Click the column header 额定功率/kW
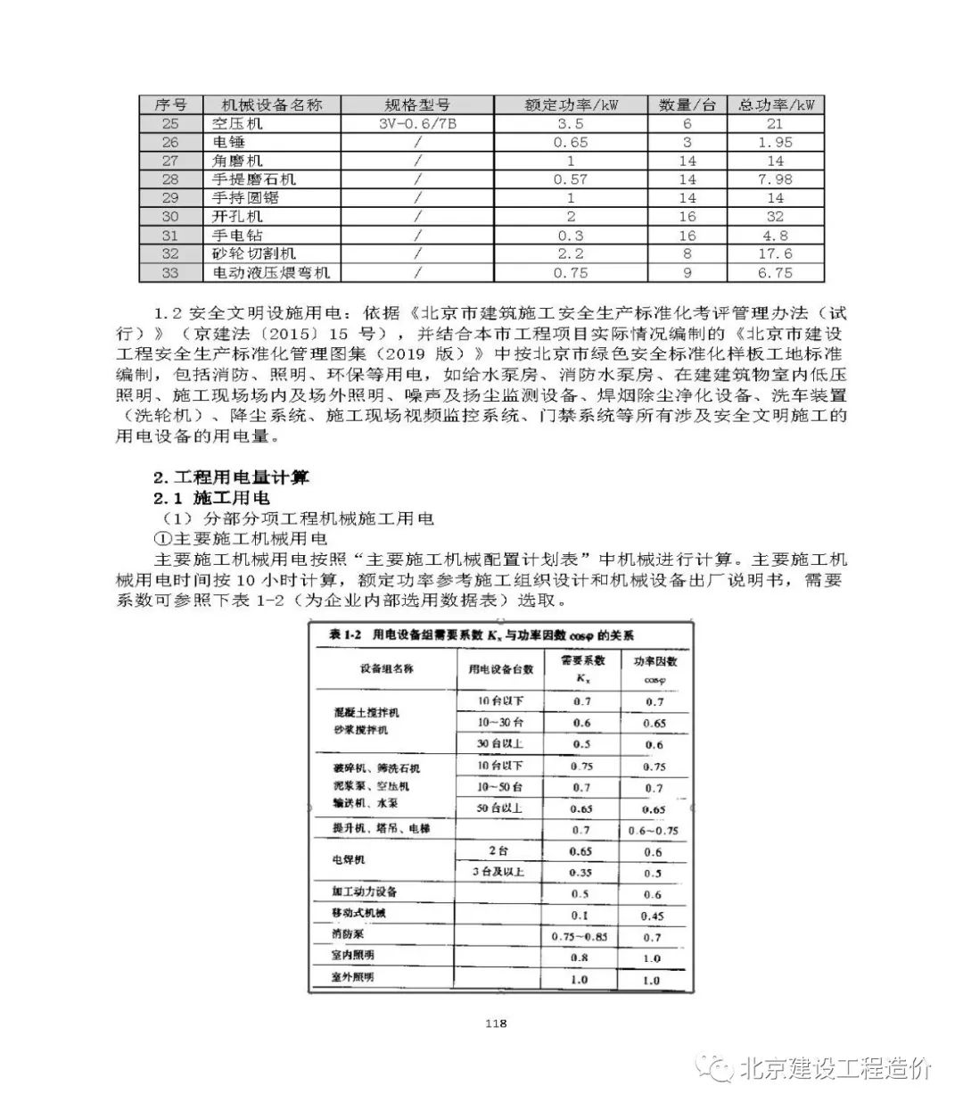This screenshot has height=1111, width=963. tap(571, 105)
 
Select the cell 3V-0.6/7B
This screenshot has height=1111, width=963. tap(417, 124)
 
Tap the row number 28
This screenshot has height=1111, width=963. tap(170, 179)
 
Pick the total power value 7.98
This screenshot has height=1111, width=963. tap(775, 179)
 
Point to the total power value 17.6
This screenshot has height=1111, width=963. tap(775, 254)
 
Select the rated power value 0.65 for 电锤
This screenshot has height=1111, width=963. tap(571, 143)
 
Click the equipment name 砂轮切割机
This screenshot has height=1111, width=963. tap(254, 254)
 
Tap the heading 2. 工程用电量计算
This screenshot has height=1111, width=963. tap(232, 477)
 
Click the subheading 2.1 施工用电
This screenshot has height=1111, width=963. tap(211, 498)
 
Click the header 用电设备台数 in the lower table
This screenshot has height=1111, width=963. tap(500, 668)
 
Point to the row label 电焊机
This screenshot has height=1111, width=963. tap(349, 860)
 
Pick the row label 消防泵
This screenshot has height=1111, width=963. tap(348, 934)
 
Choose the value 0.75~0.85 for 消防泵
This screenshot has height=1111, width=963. tap(580, 936)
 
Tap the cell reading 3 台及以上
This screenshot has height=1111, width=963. tap(500, 872)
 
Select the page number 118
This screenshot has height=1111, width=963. tap(496, 1024)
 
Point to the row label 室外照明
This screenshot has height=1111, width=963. tap(353, 977)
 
